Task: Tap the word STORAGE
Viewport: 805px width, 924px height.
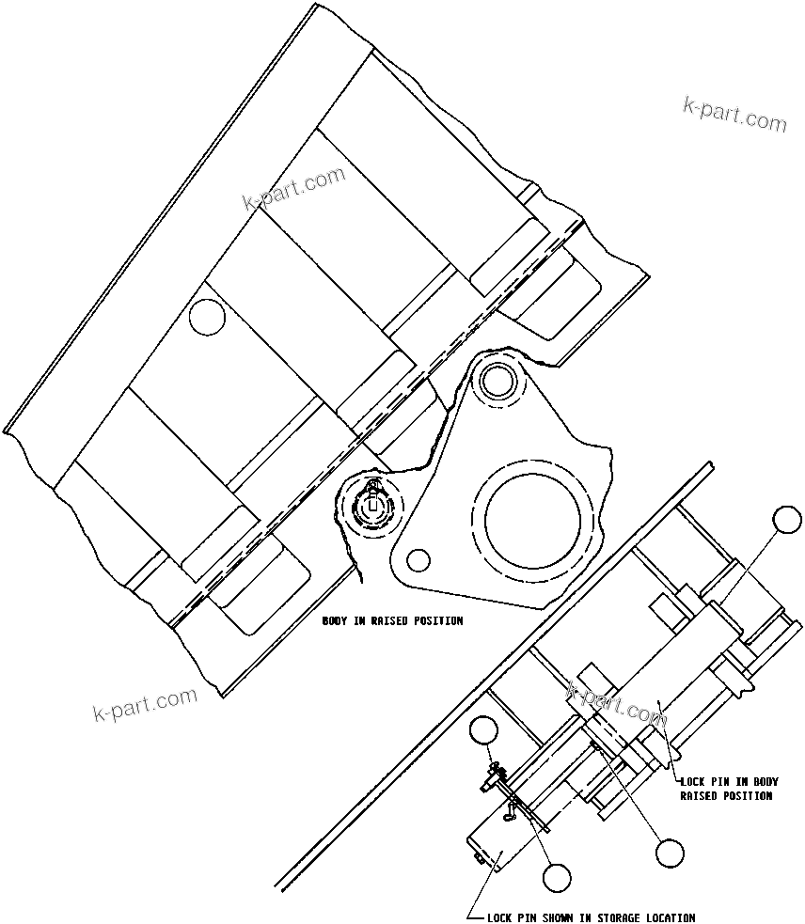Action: [x=616, y=917]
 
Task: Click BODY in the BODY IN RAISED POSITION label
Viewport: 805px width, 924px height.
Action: [x=336, y=621]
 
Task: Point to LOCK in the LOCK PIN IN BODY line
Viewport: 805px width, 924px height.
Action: [x=694, y=781]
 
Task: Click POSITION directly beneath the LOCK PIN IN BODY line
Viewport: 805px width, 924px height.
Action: [x=747, y=795]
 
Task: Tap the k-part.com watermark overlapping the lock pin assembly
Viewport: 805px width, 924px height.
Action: [x=616, y=707]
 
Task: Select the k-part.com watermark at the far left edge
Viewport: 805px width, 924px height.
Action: [x=146, y=705]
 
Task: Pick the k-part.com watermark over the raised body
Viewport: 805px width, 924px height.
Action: [x=294, y=190]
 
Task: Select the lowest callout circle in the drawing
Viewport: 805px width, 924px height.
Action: [x=557, y=877]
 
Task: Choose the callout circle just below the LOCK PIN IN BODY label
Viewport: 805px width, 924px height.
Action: [x=670, y=853]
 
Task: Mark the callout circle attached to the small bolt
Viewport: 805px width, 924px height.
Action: [x=483, y=731]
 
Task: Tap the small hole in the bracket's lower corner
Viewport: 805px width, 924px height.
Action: [x=418, y=560]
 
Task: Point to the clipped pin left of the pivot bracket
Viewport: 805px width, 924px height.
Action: [x=373, y=505]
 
